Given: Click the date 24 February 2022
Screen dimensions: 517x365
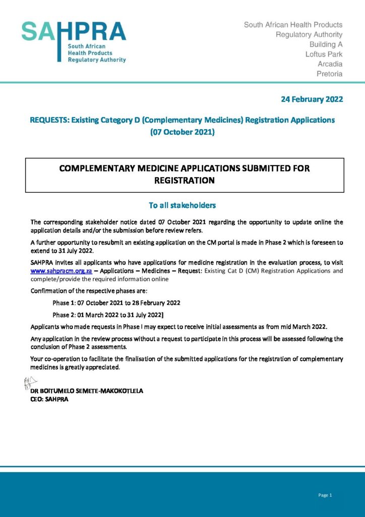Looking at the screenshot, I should (x=312, y=99).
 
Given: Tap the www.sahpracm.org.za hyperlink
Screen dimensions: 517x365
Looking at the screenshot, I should (x=61, y=271).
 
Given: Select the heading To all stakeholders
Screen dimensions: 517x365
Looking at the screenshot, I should (x=182, y=205).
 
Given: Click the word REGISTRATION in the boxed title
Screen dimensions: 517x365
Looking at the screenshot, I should (x=185, y=180).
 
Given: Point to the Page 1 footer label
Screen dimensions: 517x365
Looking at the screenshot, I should (x=325, y=495).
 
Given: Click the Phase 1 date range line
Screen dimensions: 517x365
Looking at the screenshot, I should (x=116, y=302).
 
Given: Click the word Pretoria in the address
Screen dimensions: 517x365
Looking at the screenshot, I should (x=329, y=74).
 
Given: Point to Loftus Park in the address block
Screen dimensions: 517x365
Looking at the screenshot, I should (x=324, y=54).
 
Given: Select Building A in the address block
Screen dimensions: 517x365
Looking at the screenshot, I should (x=326, y=44).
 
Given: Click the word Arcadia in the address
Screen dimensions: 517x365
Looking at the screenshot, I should (x=330, y=64).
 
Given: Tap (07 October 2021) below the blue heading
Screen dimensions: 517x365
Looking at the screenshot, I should (x=182, y=132).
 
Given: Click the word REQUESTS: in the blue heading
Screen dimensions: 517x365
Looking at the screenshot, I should (x=49, y=120).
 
